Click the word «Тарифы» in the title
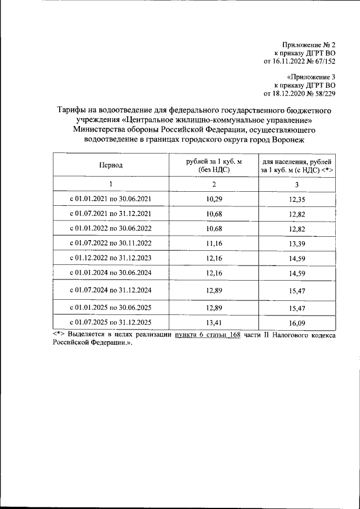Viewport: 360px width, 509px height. coord(73,110)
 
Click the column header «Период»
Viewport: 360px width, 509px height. coord(111,165)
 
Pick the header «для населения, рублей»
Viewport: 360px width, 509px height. coord(298,161)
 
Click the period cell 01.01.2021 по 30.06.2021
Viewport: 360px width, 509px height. coord(111,199)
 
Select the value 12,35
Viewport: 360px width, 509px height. coord(297,199)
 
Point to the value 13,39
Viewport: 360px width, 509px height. coord(297,244)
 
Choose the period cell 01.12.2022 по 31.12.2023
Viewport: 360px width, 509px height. coord(111,258)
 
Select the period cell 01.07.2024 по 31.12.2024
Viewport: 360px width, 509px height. coord(111,290)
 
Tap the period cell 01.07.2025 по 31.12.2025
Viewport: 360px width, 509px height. coord(111,323)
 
